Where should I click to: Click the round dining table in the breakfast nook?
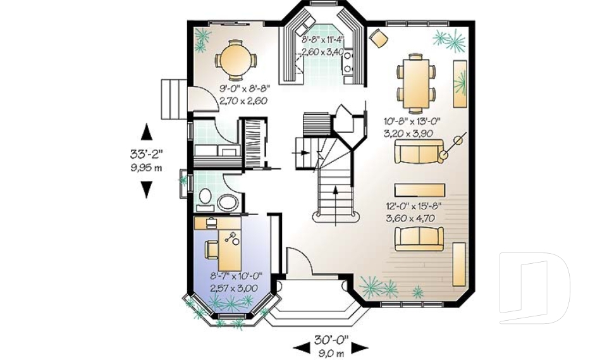pos(235,61)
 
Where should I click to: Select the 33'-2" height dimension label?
pos(146,154)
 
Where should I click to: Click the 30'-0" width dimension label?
pos(331,340)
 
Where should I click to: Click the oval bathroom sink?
pos(228,202)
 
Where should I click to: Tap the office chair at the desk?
pos(212,249)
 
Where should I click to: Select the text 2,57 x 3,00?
pos(234,289)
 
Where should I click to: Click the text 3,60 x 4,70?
pos(410,218)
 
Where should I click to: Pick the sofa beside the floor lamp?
pos(419,152)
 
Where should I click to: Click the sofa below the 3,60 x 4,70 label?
pos(419,239)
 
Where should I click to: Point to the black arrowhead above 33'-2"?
pos(146,132)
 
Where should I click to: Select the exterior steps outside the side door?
pos(175,99)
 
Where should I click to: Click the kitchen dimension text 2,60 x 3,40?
pos(322,52)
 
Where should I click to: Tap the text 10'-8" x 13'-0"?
pos(412,121)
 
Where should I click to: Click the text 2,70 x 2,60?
pos(243,101)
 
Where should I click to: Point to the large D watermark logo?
pos(534,288)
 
